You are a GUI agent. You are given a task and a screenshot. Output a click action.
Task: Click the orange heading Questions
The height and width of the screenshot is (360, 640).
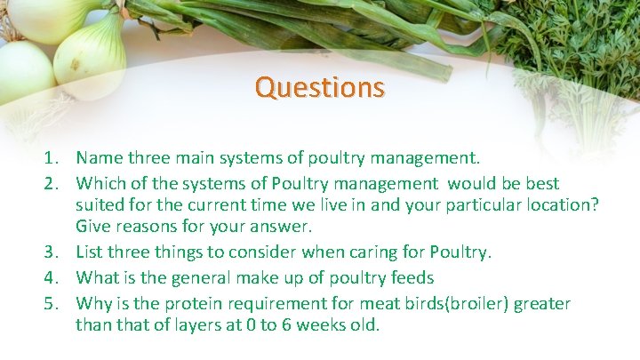click(x=319, y=87)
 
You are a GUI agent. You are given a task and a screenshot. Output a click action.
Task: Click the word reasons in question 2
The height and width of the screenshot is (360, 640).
click(x=147, y=227)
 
